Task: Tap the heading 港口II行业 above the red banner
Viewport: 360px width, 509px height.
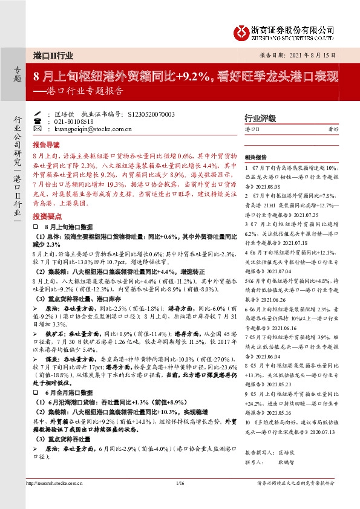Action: (x=54, y=55)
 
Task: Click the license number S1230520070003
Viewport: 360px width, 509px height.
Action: (x=152, y=114)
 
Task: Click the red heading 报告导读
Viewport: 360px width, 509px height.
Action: (x=46, y=145)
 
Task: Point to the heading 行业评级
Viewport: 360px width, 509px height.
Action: (x=260, y=118)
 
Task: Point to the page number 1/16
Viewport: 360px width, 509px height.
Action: (x=180, y=483)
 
